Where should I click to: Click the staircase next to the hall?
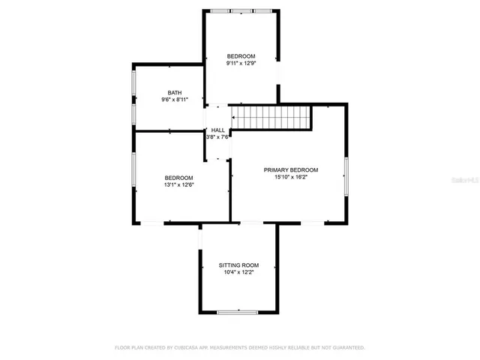(x=270, y=118)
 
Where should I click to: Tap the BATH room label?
(x=174, y=92)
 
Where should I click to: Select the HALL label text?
(x=217, y=130)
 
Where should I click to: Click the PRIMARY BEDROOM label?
(x=291, y=170)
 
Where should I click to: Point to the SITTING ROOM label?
(x=238, y=265)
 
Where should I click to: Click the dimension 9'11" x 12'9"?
(x=241, y=64)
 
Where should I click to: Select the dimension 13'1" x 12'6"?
(x=178, y=184)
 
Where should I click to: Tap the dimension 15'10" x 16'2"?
(x=291, y=178)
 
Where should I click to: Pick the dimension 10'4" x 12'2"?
(x=238, y=273)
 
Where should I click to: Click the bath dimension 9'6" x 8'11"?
(x=174, y=100)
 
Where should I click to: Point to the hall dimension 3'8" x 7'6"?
(x=217, y=137)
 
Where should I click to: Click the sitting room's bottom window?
(x=238, y=312)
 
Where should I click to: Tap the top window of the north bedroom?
(x=241, y=11)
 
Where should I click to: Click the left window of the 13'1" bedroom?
(x=134, y=172)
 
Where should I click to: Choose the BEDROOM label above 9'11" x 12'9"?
(x=241, y=56)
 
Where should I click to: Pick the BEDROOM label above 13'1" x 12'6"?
(x=178, y=177)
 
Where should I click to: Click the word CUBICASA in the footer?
(x=187, y=348)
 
